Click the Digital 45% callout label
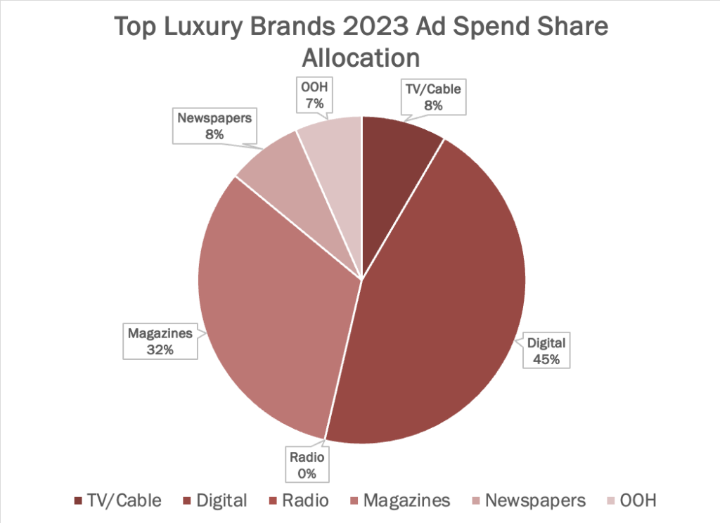coord(546,351)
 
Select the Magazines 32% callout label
coord(160,341)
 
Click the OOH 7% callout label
coord(314,96)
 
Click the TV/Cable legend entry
coord(117,501)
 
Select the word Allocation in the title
coord(360,58)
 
